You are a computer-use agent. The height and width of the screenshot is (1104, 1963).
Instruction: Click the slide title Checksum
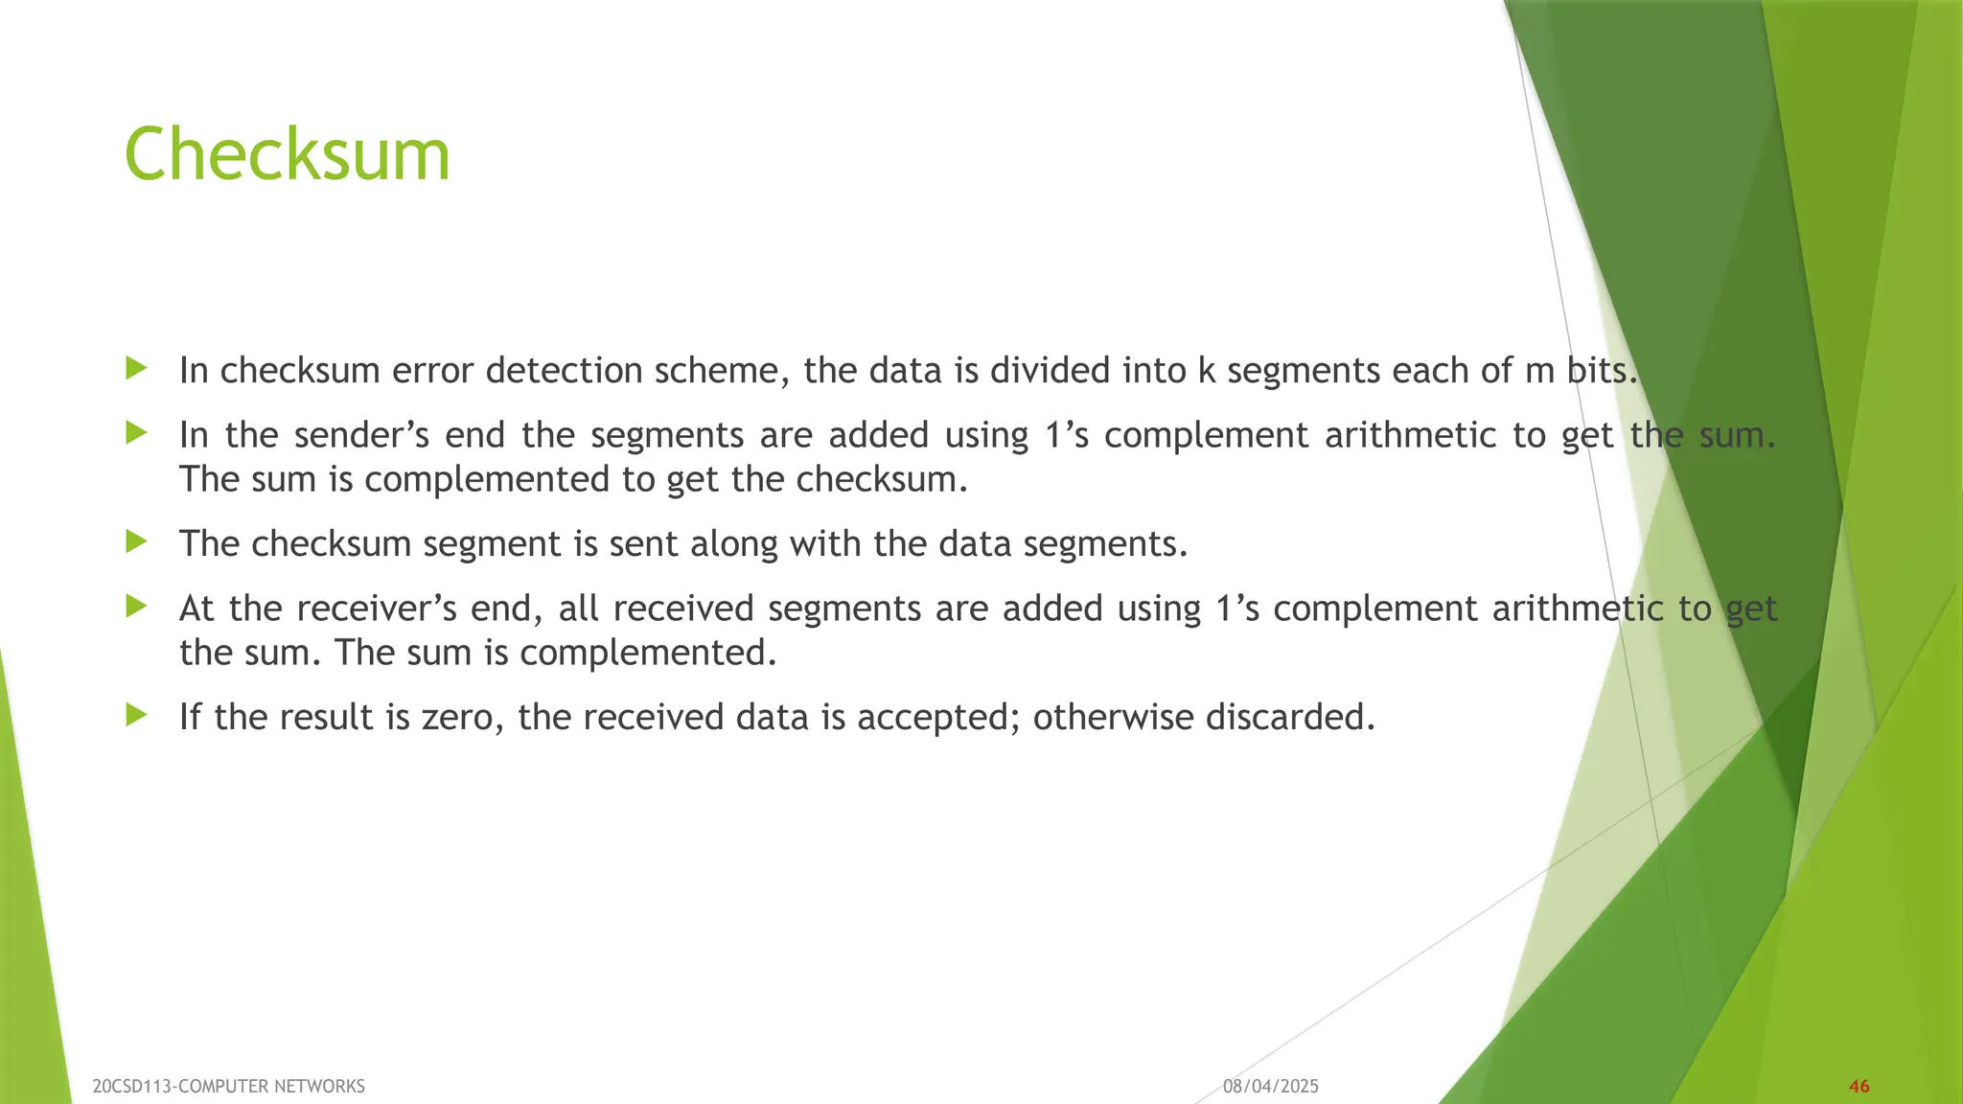[x=287, y=155]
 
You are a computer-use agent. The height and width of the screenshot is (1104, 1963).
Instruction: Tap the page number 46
[x=1859, y=1086]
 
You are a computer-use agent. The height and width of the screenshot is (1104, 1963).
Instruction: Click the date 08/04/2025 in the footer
[x=1271, y=1086]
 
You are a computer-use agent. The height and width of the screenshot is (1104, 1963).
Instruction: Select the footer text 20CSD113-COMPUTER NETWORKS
[x=229, y=1086]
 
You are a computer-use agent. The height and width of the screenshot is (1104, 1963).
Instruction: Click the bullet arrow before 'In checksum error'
[x=136, y=368]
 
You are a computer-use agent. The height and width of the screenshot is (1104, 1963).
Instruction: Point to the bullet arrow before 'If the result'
[x=136, y=715]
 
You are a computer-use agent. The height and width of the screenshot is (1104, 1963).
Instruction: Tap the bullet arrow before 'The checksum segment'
[x=136, y=541]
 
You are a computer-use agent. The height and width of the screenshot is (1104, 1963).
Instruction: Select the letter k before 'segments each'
[x=1207, y=371]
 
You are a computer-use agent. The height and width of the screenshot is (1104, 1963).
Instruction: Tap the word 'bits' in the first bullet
[x=1599, y=371]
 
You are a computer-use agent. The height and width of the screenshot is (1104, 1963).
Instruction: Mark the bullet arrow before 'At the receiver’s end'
[x=136, y=607]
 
